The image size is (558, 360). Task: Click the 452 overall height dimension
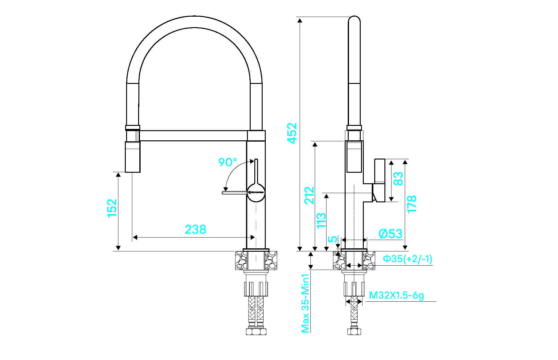click(292, 133)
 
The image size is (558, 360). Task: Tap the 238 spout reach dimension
click(195, 230)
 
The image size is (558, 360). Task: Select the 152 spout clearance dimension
click(112, 208)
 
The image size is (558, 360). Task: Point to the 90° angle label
click(228, 162)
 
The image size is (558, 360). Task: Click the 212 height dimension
click(309, 195)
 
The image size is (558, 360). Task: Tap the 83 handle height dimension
click(398, 179)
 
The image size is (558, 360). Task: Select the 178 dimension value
click(412, 204)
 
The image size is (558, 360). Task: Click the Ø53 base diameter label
click(391, 234)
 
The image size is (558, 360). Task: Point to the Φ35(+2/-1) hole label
click(407, 259)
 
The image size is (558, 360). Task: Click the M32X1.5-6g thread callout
click(396, 296)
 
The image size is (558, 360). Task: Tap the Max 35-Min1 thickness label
click(305, 303)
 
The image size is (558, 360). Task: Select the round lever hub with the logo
click(256, 193)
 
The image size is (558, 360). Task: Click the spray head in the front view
click(133, 157)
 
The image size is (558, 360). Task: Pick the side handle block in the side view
click(379, 180)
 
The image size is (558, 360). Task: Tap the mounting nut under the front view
click(256, 289)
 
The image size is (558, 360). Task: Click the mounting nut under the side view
click(354, 289)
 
